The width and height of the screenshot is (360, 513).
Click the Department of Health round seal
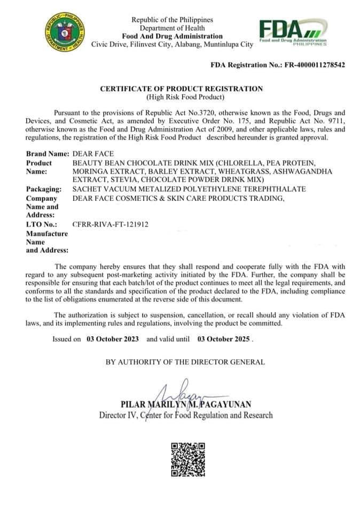click(x=65, y=32)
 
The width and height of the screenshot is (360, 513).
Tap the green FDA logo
click(x=292, y=32)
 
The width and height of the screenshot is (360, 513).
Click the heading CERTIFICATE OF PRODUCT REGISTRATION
click(x=182, y=89)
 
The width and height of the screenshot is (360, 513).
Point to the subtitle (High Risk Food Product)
click(x=182, y=97)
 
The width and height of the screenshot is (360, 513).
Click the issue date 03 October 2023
click(x=113, y=339)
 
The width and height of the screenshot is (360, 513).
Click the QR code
click(x=187, y=460)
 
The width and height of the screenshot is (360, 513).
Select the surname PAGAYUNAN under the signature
click(x=229, y=404)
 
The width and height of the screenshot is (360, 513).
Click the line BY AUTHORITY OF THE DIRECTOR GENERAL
click(x=185, y=362)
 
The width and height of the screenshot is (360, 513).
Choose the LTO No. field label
click(x=42, y=224)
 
